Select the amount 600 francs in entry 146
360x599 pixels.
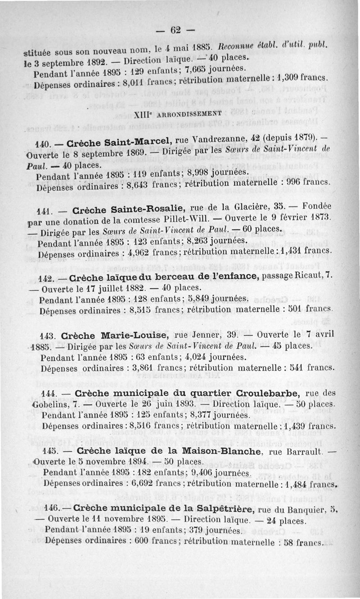tap(150, 541)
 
